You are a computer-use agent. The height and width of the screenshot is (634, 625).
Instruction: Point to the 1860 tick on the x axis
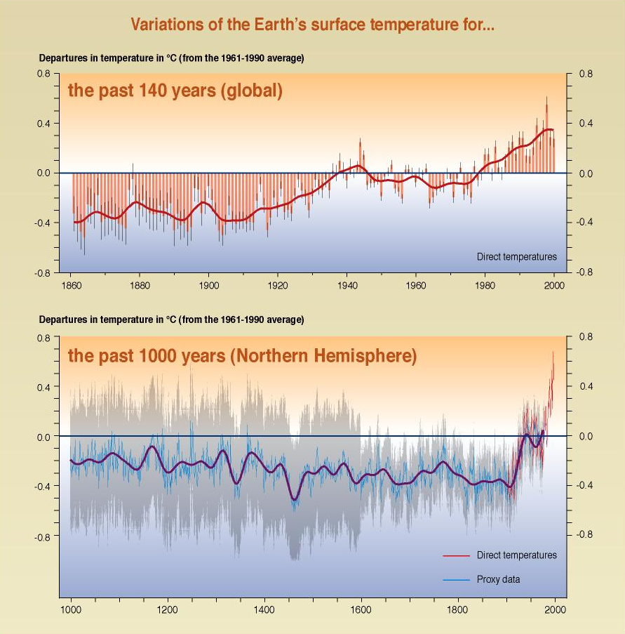(x=71, y=286)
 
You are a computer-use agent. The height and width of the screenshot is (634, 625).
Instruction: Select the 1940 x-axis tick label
(x=347, y=286)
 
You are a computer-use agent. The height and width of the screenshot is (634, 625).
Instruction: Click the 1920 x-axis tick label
(x=278, y=286)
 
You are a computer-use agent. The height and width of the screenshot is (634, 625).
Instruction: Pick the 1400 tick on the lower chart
(x=264, y=609)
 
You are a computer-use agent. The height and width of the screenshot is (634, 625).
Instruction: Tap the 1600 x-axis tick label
(x=361, y=609)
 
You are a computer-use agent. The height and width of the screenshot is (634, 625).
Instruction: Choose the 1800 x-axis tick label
(x=458, y=609)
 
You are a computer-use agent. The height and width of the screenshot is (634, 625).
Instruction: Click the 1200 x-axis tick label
(x=168, y=609)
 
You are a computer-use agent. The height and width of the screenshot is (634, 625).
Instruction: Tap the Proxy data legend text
(x=498, y=580)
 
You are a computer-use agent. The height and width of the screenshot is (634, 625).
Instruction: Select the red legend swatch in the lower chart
(x=456, y=556)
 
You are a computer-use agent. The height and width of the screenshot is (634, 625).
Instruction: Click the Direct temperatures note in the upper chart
(x=516, y=257)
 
